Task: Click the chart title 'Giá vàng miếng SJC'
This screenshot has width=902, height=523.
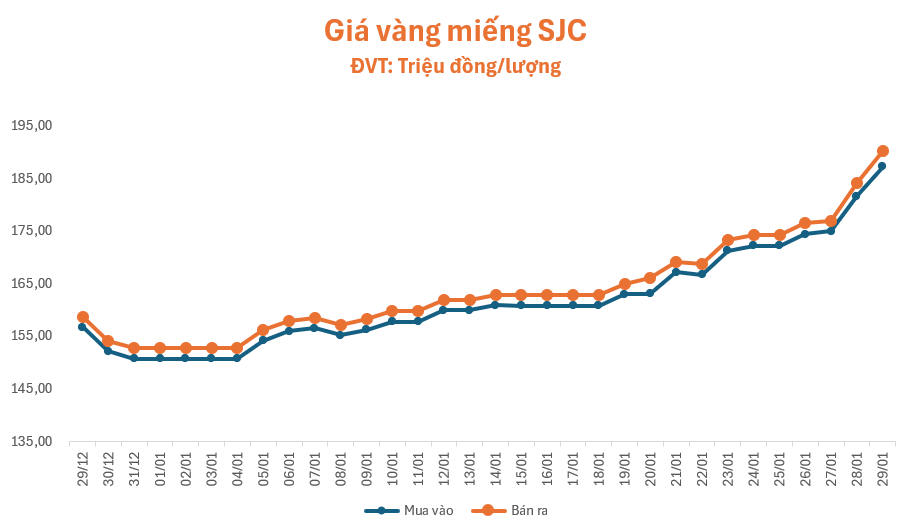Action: point(455,31)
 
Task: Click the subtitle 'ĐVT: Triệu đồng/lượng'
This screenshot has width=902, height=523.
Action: point(455,67)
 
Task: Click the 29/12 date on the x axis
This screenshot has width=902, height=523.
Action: point(83,466)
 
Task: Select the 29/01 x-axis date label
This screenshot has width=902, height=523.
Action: point(883,466)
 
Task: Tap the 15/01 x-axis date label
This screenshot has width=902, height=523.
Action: point(522,466)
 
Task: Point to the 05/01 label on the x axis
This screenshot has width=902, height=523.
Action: point(263,466)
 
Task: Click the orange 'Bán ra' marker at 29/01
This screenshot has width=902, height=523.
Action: point(883,151)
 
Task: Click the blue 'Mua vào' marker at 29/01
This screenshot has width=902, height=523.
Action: point(882,166)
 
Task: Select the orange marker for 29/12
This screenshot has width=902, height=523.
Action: point(83,317)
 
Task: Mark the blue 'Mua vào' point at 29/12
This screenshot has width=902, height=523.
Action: point(82,327)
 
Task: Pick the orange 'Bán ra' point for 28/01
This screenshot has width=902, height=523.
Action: point(857,183)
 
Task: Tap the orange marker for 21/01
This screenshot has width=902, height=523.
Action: point(676,262)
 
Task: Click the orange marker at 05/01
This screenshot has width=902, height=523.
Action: point(263,330)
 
